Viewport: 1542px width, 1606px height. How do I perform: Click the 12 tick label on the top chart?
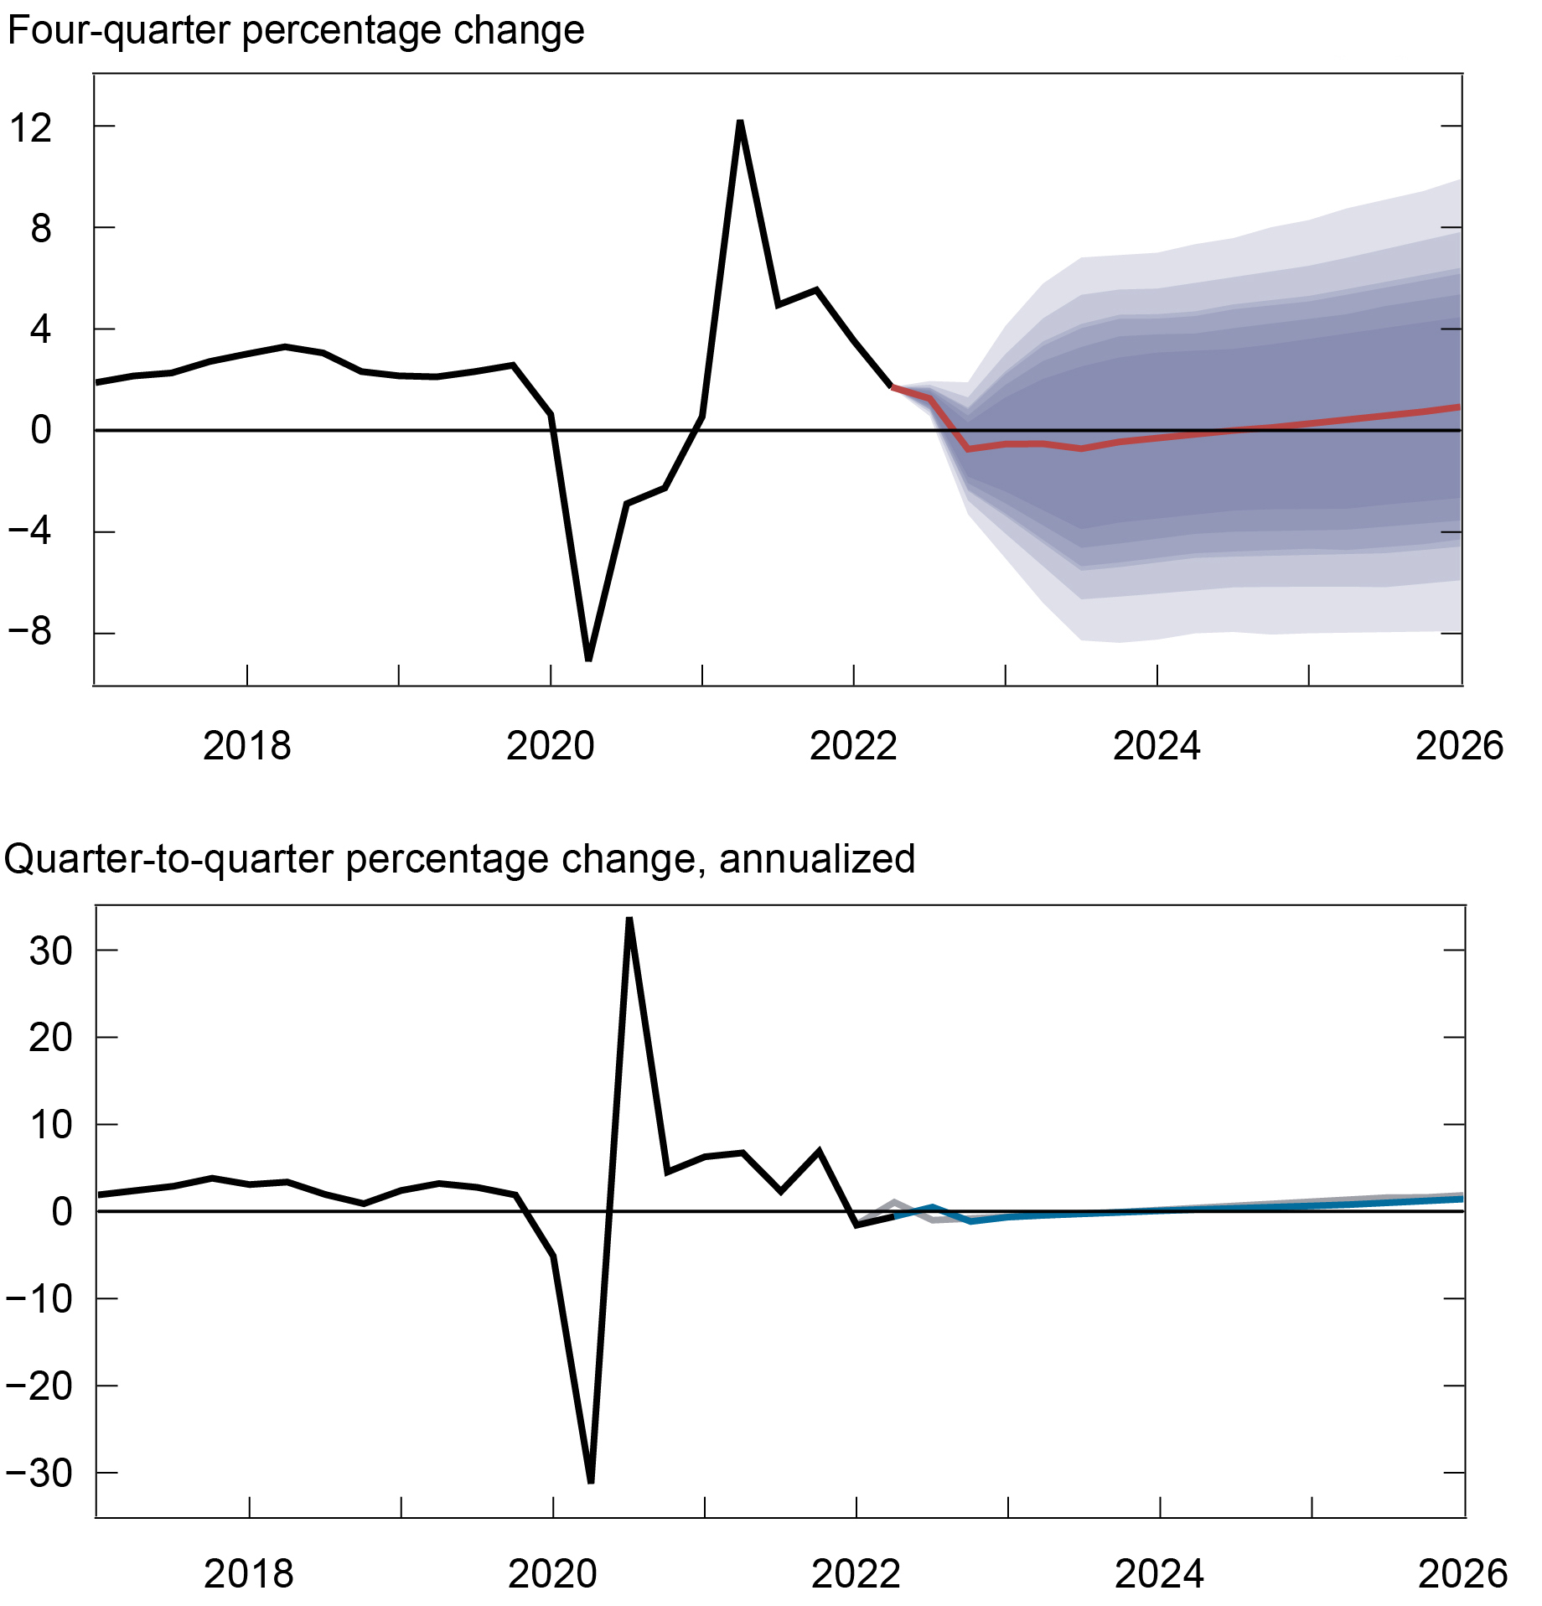tap(30, 128)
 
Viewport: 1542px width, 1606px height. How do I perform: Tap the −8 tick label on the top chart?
tap(30, 631)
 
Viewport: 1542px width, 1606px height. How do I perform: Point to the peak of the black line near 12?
tap(740, 122)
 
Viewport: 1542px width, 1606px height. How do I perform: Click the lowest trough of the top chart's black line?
tap(588, 659)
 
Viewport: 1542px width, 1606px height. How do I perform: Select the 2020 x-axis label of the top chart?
tap(550, 745)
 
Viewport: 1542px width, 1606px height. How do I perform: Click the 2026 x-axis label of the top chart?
tap(1459, 745)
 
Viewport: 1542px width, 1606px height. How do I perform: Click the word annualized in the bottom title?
tap(816, 859)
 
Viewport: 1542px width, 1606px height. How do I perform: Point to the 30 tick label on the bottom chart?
tap(50, 951)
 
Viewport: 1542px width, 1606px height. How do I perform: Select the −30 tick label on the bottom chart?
tap(39, 1474)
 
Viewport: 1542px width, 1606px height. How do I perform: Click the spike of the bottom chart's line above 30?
tap(629, 919)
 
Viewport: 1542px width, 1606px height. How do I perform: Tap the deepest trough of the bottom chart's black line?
tap(592, 1482)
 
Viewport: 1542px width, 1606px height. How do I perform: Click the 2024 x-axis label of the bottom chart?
tap(1159, 1573)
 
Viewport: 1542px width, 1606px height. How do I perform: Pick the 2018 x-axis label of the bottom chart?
tap(249, 1573)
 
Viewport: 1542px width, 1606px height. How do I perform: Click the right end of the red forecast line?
tap(1459, 407)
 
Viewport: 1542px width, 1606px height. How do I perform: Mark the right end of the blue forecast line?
tap(1462, 1199)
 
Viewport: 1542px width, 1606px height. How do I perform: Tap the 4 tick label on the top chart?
tap(40, 329)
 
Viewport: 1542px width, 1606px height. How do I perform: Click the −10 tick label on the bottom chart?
tap(39, 1299)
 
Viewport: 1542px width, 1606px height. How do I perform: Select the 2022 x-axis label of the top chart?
tap(853, 745)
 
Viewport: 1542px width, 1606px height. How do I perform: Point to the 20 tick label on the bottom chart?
tap(50, 1038)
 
